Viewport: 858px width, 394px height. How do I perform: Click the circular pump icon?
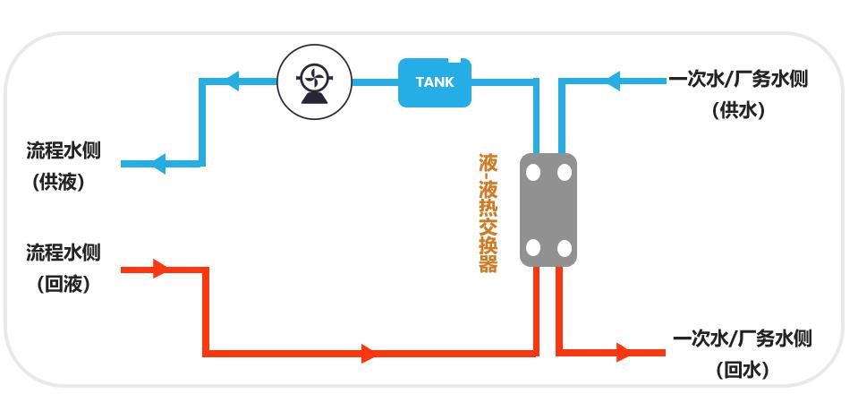point(313,82)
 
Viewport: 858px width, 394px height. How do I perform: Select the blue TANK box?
point(435,82)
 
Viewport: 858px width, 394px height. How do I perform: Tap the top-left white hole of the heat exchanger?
point(533,173)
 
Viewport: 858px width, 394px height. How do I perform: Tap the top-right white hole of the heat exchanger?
point(565,173)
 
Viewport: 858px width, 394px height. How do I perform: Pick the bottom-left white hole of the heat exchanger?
point(533,248)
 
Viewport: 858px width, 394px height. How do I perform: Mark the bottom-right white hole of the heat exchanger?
point(565,248)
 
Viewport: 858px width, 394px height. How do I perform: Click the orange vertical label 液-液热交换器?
point(488,213)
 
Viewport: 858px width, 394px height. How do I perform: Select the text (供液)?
point(58,182)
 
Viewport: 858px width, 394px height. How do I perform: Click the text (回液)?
point(64,284)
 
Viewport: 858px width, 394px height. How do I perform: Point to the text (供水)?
point(739,111)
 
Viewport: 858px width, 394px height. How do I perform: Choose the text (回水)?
point(743,370)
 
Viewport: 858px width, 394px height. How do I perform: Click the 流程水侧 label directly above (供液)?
point(64,150)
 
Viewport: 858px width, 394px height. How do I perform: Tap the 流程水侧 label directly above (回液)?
point(64,252)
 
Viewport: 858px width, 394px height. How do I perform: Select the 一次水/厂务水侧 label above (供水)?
point(738,80)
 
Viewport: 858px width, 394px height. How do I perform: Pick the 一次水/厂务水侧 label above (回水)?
point(743,339)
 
